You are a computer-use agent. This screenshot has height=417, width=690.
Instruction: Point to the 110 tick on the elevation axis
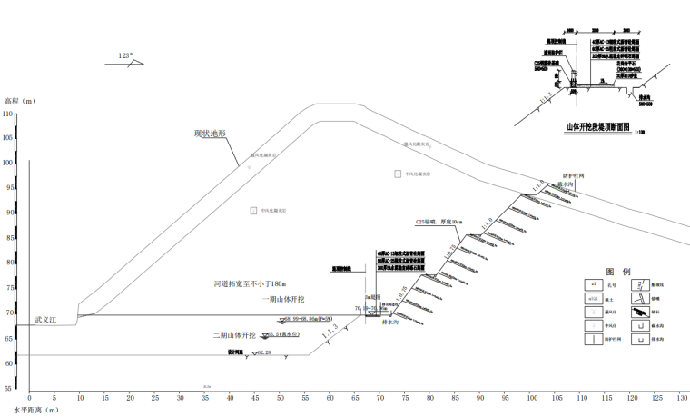(8, 114)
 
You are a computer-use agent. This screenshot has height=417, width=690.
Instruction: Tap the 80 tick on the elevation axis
(8, 263)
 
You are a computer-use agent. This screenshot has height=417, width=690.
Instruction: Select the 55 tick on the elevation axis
(8, 388)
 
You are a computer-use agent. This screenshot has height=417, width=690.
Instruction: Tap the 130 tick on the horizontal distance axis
(683, 398)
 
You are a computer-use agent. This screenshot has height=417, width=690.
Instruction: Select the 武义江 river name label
(46, 320)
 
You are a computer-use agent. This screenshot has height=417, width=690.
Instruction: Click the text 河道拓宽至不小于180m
(246, 284)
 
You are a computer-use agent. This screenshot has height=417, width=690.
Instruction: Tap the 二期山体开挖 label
(234, 334)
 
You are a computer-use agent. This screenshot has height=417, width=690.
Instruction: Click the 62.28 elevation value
(264, 352)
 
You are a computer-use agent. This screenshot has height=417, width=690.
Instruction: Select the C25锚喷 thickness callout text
(439, 221)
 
